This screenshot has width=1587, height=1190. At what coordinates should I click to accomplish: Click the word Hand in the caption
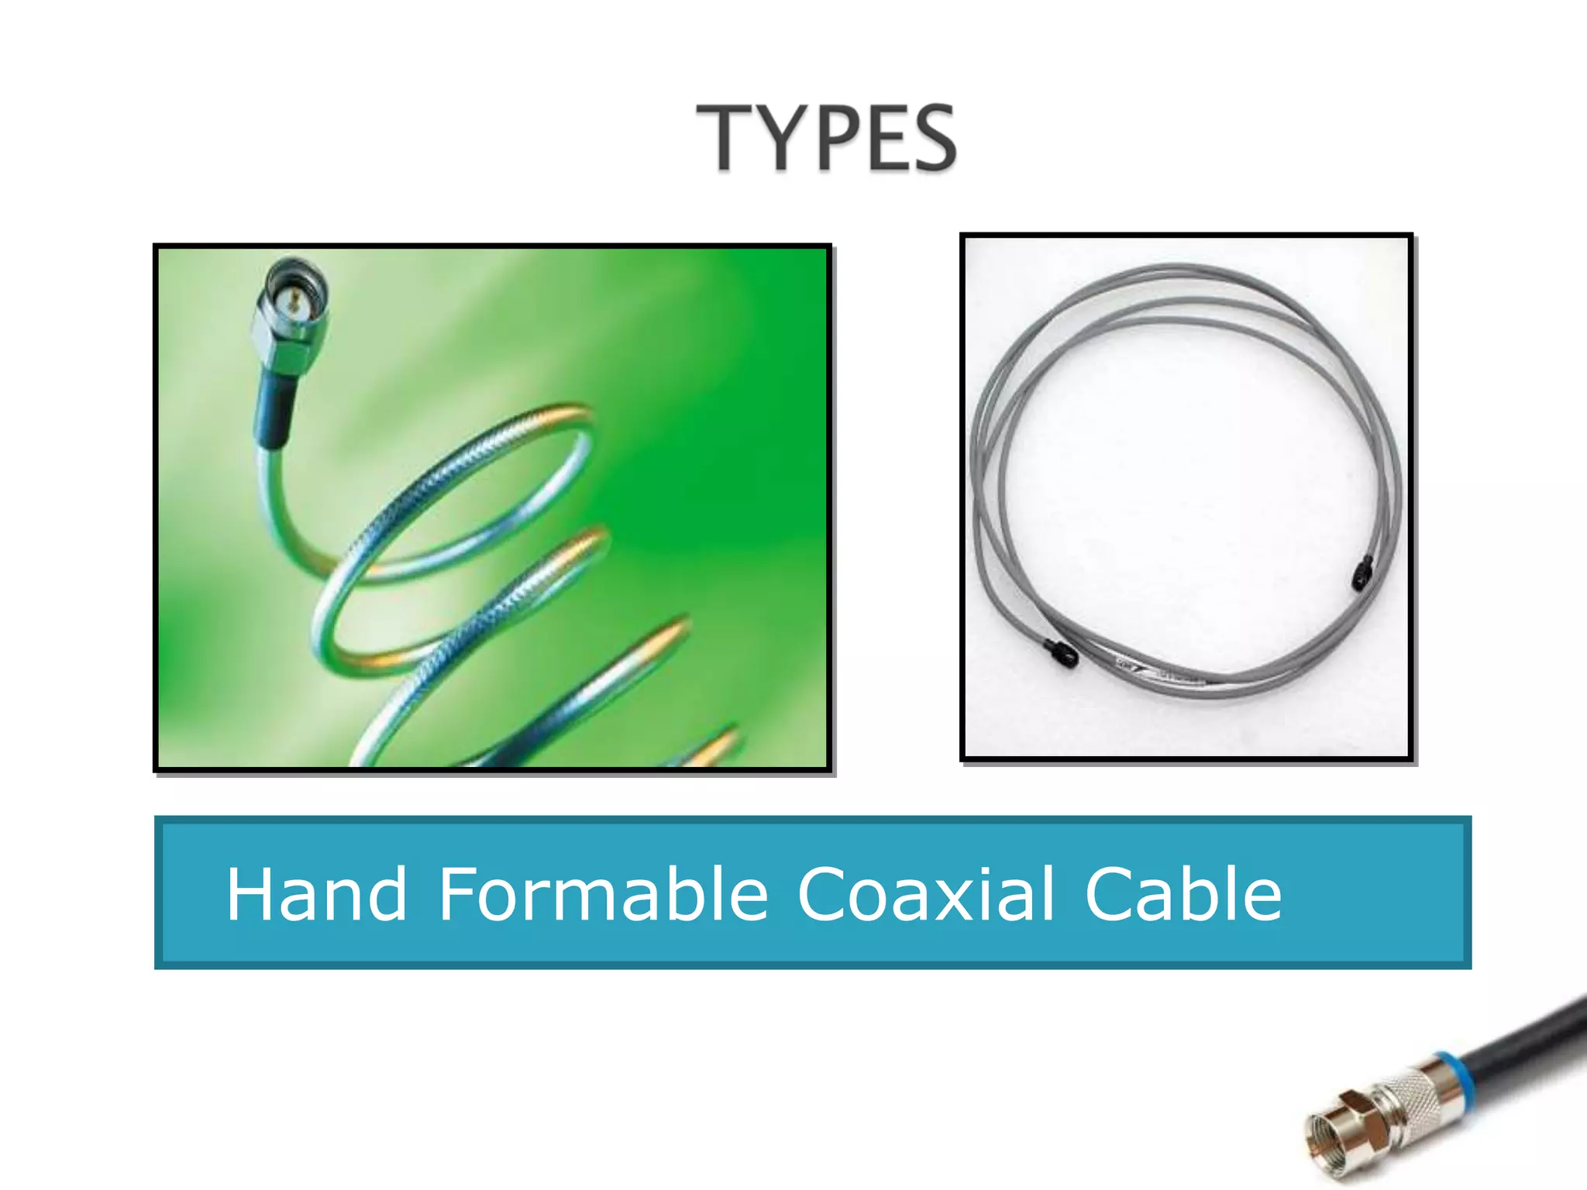tap(316, 895)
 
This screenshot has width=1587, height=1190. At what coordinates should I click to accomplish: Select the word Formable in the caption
tap(603, 895)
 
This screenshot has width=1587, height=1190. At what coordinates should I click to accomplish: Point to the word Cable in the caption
tap(1183, 895)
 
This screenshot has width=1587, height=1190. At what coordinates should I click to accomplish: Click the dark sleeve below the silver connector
tap(275, 411)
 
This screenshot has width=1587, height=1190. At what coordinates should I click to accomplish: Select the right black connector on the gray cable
tap(1362, 573)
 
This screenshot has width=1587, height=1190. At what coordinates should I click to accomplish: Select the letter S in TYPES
tap(931, 139)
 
